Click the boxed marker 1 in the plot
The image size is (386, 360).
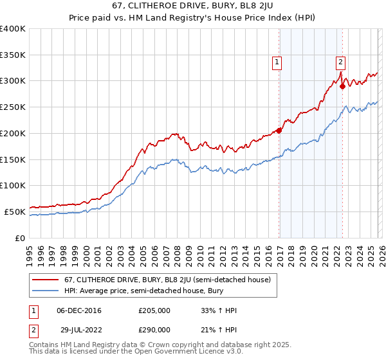pos(277,62)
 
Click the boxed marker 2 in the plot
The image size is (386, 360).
pos(340,62)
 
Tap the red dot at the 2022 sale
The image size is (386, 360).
pos(342,86)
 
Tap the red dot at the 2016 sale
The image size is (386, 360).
pos(279,130)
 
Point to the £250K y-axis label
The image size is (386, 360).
pos(13,107)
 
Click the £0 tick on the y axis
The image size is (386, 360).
pos(21,238)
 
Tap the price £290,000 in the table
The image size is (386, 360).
pos(154,329)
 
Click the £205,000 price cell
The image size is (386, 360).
pos(154,310)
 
